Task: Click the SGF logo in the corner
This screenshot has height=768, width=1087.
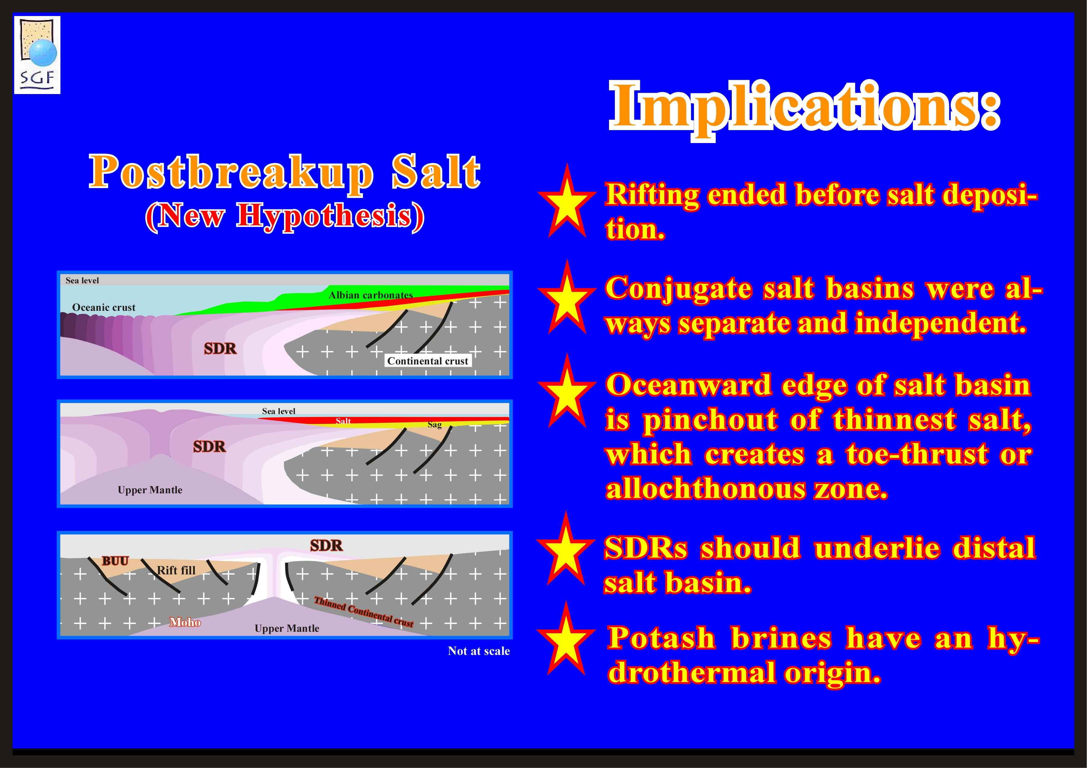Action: [x=37, y=55]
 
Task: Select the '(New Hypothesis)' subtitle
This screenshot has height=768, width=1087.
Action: [x=285, y=217]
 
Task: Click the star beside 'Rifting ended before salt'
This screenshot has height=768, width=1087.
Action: [x=567, y=201]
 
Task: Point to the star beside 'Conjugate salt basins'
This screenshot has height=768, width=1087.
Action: [x=567, y=297]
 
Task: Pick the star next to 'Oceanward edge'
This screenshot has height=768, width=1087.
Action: [x=567, y=391]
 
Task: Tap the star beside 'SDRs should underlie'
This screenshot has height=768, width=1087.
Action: [x=566, y=548]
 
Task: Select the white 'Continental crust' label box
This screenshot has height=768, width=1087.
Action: [x=427, y=361]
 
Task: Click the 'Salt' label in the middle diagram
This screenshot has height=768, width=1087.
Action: [x=343, y=421]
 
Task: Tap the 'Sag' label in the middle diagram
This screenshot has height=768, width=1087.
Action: [x=434, y=425]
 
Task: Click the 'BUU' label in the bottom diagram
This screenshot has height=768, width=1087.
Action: [x=115, y=561]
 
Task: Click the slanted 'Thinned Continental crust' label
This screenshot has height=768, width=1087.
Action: [x=364, y=612]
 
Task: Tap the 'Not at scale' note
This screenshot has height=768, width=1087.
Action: [x=479, y=651]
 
